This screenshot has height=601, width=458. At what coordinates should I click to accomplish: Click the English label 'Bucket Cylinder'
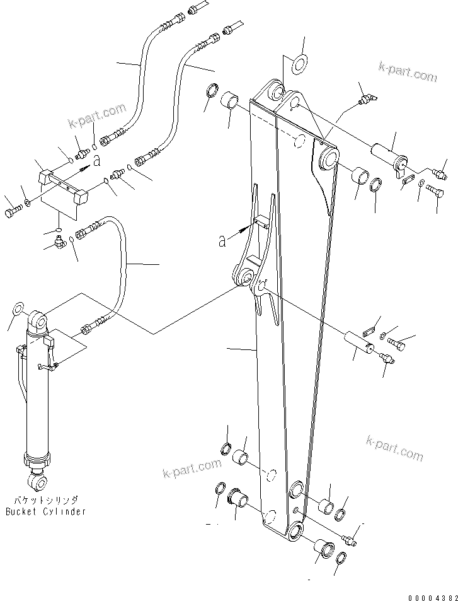[45, 511]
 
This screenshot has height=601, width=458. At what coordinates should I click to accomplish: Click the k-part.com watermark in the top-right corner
[408, 71]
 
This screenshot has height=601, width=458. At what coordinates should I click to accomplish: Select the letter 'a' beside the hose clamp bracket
[96, 161]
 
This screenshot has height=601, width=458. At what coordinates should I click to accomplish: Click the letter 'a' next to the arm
[222, 241]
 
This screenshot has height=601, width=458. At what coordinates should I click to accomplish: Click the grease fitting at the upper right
[367, 98]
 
